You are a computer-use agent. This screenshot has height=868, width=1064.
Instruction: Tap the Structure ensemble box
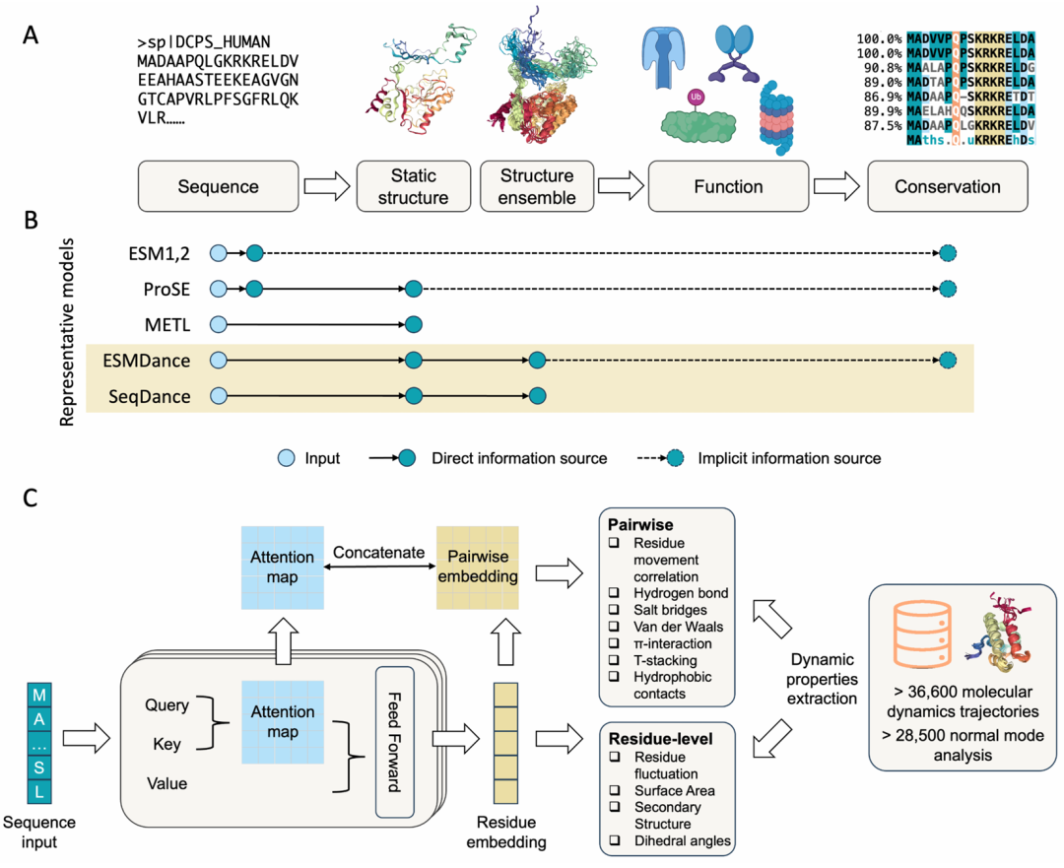(x=537, y=186)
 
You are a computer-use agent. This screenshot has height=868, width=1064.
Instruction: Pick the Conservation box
(x=947, y=186)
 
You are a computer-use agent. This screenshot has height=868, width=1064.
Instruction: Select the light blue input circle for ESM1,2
(x=219, y=253)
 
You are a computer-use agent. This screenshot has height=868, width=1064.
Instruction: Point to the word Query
(x=167, y=704)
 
